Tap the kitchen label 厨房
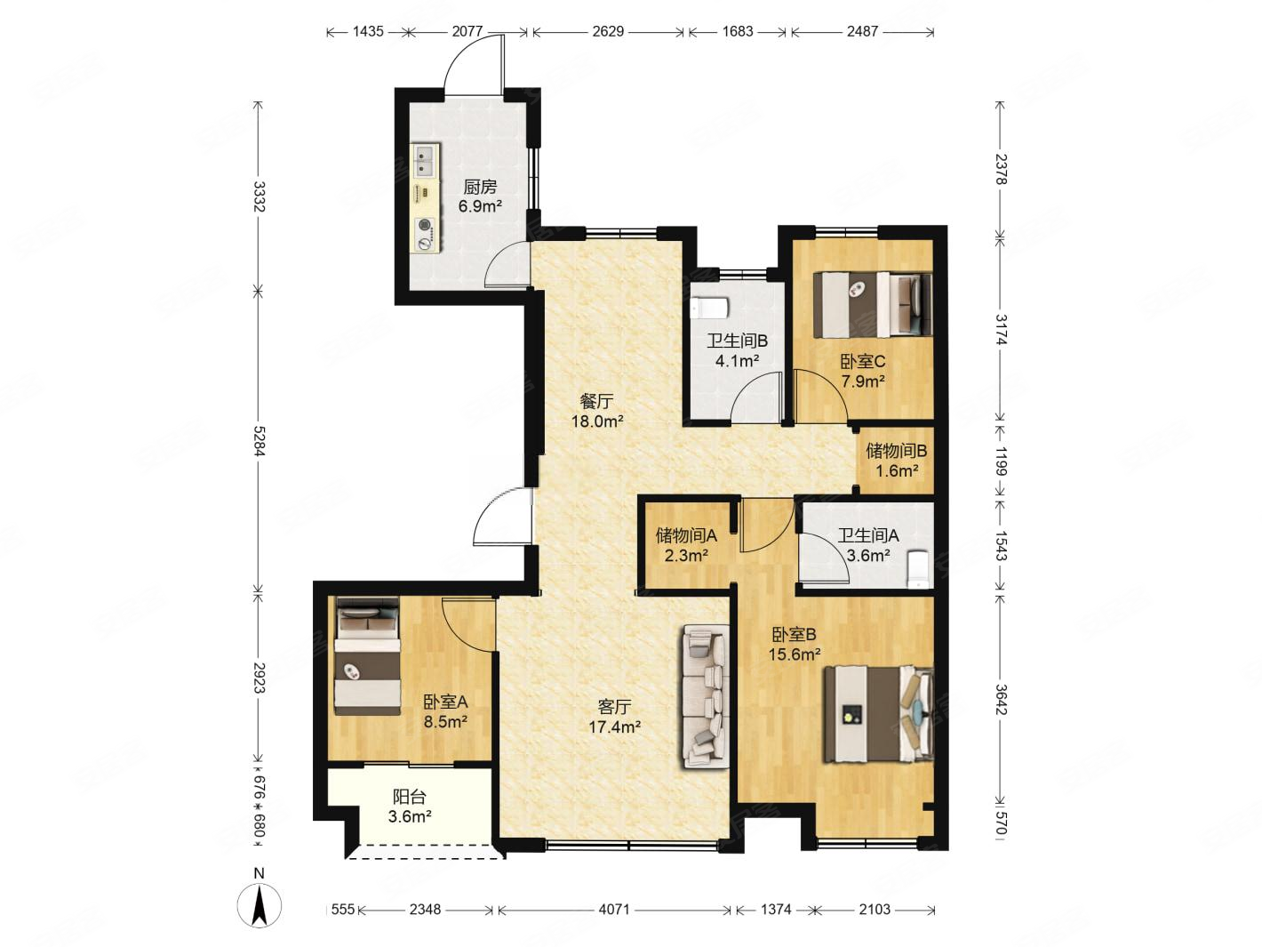(480, 187)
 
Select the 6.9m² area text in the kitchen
(480, 206)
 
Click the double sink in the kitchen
(426, 161)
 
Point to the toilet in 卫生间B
(711, 309)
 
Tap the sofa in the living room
(706, 696)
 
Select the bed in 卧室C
(872, 304)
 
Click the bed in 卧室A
(368, 655)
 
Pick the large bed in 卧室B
(878, 714)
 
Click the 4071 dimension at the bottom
(614, 909)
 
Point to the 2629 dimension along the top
(608, 31)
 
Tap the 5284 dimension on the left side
(259, 441)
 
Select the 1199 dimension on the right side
(1001, 461)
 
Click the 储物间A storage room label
(686, 536)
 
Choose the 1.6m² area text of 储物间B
(897, 471)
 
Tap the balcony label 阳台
(410, 797)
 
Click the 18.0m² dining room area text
(597, 421)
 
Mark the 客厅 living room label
(615, 707)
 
